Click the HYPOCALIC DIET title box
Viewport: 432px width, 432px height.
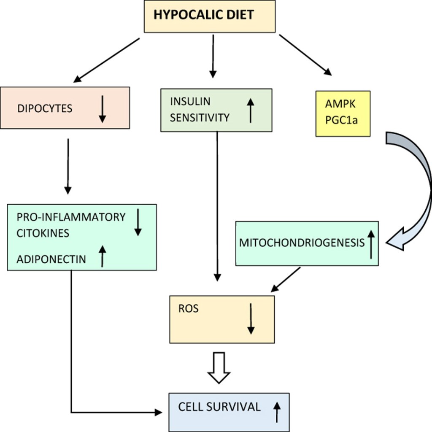tap(210, 16)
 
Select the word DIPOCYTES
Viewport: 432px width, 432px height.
tap(45, 108)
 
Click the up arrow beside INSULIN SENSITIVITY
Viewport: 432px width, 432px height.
tap(250, 110)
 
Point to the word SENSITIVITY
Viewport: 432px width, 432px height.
tap(200, 117)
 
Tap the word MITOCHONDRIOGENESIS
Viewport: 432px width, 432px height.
tap(302, 243)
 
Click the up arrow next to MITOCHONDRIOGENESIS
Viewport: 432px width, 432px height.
tap(370, 244)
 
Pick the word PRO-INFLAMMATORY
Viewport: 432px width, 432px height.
tap(71, 217)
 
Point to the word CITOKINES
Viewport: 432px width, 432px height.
tap(43, 232)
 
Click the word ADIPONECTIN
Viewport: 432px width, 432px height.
tap(51, 259)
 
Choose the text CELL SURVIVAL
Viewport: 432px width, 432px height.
tap(219, 407)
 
